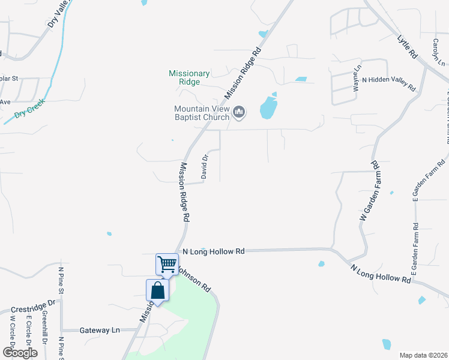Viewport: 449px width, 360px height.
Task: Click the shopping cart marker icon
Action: pos(167,263)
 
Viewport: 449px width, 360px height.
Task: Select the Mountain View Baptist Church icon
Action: pos(240,112)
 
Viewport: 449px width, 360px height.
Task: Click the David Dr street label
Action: pos(205,166)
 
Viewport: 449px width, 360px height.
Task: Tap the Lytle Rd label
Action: pos(407,46)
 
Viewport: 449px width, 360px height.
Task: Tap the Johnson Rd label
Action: pos(196,280)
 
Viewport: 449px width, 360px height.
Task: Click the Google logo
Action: pos(20,353)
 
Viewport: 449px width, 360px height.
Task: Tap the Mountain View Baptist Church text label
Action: pos(202,113)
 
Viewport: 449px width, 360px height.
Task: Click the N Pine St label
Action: pos(61,282)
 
